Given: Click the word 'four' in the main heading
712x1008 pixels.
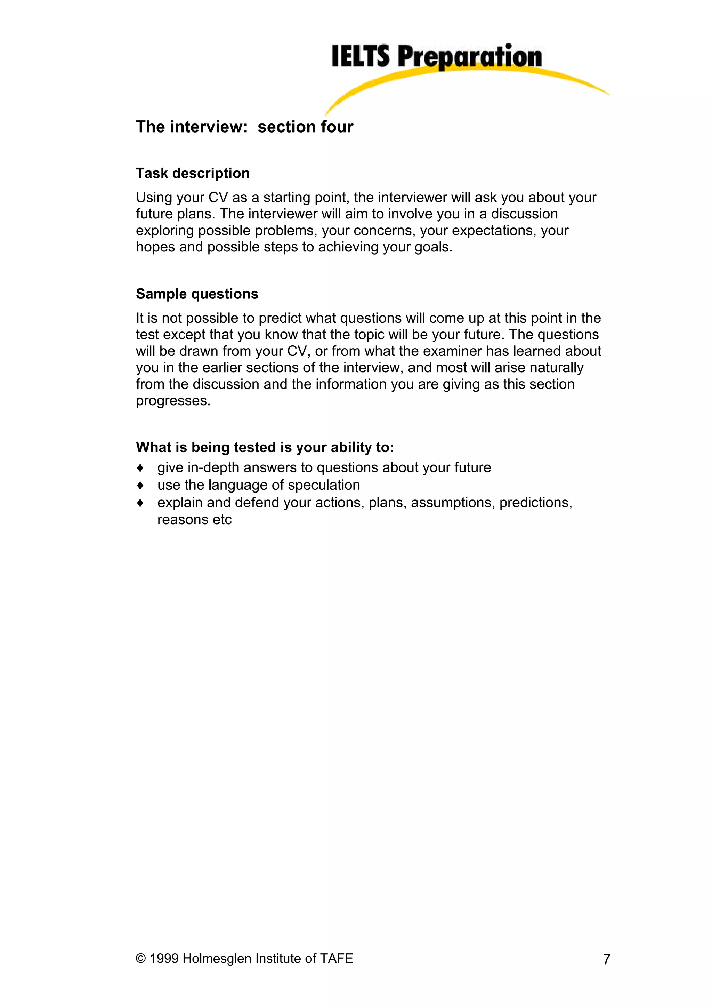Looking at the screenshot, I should click(337, 127).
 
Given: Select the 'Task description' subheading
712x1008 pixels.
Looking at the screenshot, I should click(193, 174).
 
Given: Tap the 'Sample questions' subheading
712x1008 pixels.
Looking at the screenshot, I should click(197, 294).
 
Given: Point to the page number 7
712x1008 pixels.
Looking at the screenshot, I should click(606, 959).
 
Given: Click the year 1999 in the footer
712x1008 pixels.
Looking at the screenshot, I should click(164, 958).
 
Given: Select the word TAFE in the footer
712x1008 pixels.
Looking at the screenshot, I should click(337, 958).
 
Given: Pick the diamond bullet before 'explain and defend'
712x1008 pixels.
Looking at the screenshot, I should click(140, 503).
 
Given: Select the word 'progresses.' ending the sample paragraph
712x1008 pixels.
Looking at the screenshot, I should click(173, 401).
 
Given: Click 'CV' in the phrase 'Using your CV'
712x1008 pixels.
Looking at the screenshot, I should click(218, 198).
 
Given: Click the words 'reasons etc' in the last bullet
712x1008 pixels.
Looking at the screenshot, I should click(194, 520).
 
